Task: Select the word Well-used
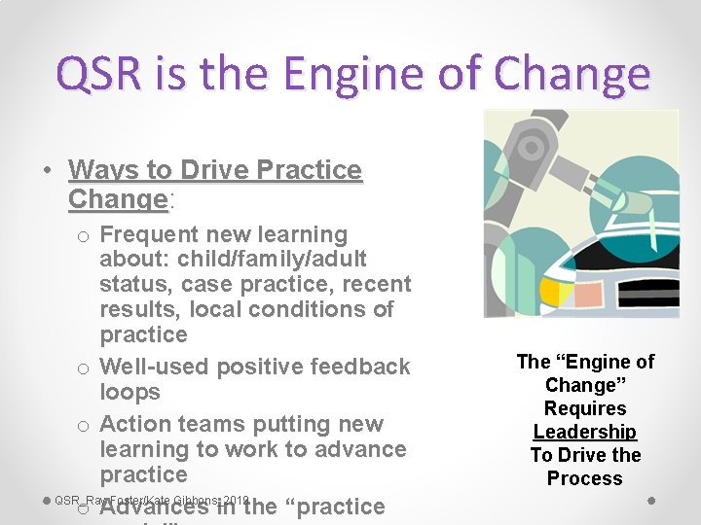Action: [154, 367]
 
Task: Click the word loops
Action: [129, 392]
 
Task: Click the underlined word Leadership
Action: [585, 432]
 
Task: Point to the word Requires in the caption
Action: [585, 408]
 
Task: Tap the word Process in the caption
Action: [585, 478]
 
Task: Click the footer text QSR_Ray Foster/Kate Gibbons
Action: [153, 500]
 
